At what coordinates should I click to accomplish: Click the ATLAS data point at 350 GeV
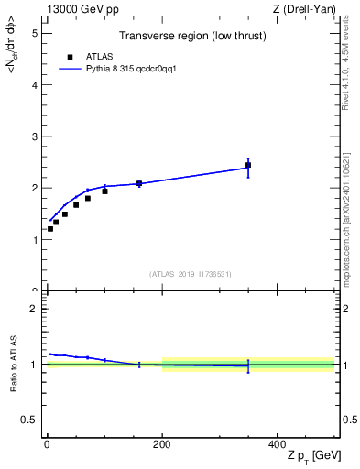point(248,166)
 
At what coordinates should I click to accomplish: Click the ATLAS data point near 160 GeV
point(139,183)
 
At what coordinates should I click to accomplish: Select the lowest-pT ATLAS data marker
point(50,229)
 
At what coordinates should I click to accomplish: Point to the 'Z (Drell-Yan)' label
point(309,9)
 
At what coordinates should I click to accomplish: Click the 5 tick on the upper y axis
point(34,33)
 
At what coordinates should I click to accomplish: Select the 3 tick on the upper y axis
point(34,136)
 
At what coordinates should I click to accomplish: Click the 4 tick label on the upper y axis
point(34,85)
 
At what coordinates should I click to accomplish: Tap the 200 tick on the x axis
point(162,443)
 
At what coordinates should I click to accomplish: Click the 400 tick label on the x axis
point(277,443)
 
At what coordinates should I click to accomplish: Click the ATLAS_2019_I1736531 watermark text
point(191,274)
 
